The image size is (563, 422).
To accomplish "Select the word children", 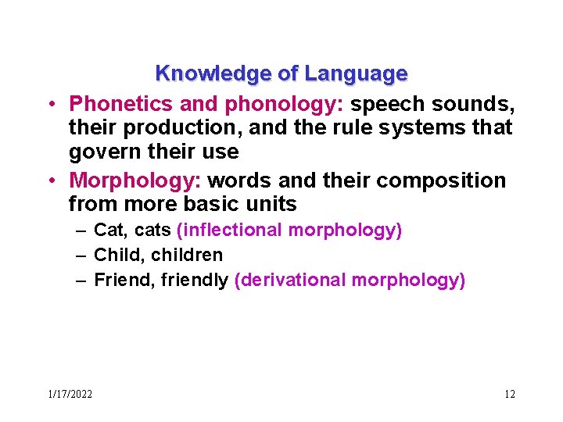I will (x=187, y=255).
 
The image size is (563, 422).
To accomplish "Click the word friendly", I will (x=195, y=280).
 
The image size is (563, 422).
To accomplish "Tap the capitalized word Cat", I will (x=107, y=230).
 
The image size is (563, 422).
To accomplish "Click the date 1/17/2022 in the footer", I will (x=70, y=394).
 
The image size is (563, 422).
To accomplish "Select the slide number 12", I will (x=509, y=394).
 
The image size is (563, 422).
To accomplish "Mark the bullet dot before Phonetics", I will (x=49, y=104).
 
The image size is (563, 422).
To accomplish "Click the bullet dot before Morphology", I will (x=49, y=181).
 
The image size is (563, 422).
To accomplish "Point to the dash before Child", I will (x=81, y=255).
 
